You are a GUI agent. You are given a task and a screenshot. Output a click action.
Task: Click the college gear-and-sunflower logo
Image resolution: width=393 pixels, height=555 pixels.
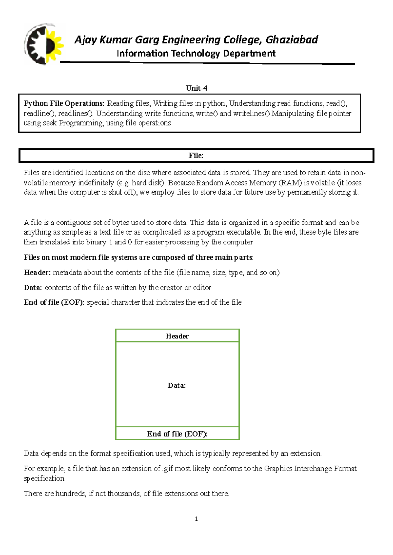(44, 44)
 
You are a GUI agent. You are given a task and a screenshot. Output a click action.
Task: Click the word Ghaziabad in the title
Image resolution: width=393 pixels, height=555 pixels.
(291, 40)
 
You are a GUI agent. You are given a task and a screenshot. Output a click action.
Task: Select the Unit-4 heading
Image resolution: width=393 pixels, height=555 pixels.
(196, 88)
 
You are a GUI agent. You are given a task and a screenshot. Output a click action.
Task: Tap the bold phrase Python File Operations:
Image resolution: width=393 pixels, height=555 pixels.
(64, 104)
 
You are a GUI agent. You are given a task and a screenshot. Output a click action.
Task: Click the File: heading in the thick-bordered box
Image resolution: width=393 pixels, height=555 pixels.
(196, 156)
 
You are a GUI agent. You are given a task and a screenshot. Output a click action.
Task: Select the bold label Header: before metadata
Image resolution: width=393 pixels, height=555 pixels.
(37, 273)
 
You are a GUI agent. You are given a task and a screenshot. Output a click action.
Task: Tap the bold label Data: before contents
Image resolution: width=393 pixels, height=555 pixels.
(33, 288)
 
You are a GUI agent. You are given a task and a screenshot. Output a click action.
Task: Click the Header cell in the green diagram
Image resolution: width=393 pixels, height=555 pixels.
(177, 336)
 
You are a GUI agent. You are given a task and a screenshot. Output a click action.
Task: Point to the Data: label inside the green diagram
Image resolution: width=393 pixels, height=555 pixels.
(177, 385)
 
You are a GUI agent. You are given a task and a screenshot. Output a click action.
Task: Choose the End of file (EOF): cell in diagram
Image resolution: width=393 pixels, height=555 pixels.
(177, 434)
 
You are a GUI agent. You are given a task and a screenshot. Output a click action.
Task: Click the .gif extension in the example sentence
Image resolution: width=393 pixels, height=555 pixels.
(168, 469)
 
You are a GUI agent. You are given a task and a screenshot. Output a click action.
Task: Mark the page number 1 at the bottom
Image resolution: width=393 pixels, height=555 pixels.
(196, 519)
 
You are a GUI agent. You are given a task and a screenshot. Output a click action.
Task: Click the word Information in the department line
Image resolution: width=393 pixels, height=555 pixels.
(142, 53)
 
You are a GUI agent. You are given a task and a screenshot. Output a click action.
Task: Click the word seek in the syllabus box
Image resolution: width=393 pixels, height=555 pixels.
(50, 123)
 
